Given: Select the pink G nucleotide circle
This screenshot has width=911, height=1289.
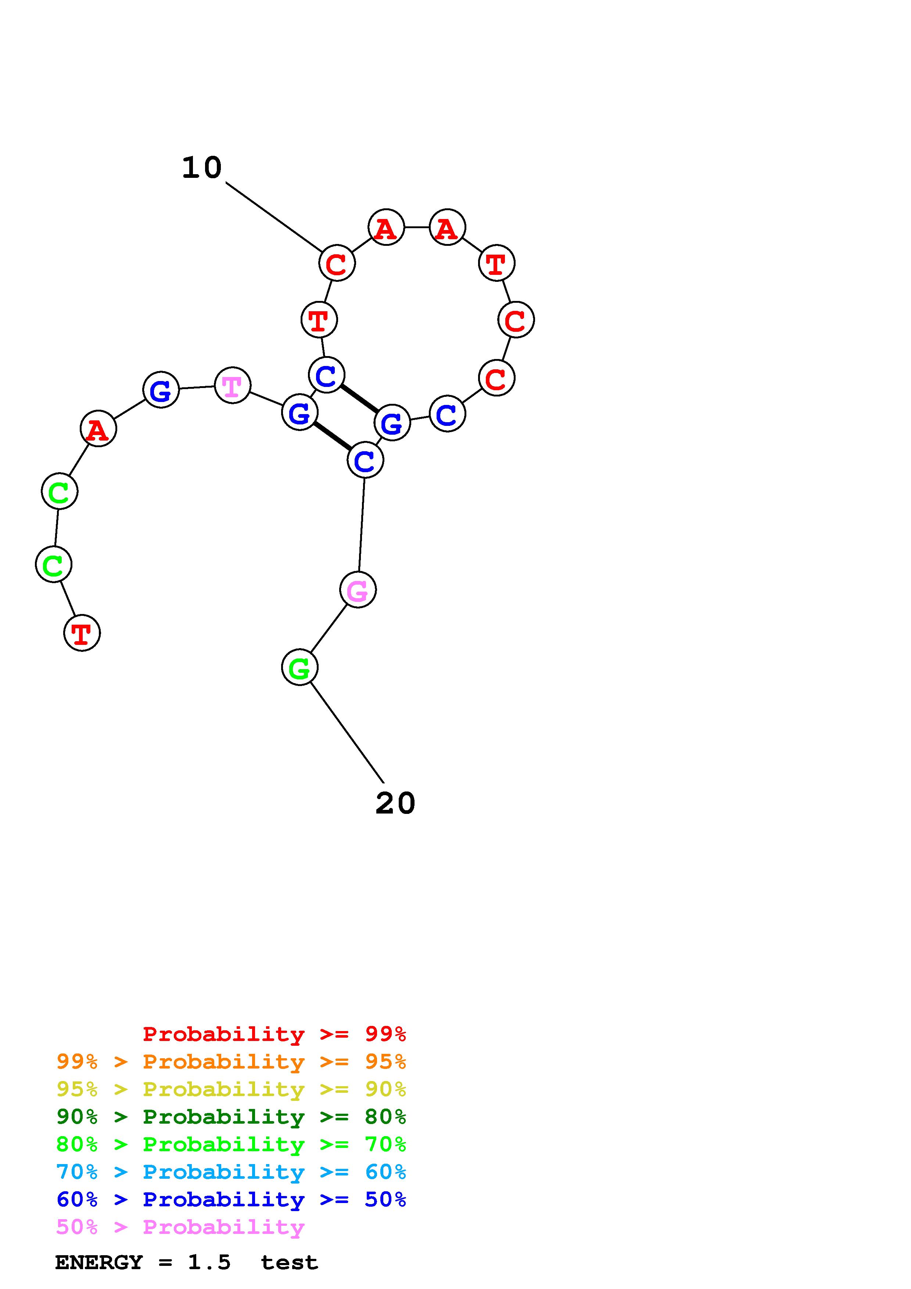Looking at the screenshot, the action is (358, 589).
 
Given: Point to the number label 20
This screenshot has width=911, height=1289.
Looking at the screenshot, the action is (395, 803).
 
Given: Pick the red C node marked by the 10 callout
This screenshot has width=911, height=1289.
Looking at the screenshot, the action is (337, 263).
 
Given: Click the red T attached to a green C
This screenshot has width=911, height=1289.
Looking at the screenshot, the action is (82, 633).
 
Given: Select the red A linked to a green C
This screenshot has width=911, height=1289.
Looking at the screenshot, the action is (98, 429).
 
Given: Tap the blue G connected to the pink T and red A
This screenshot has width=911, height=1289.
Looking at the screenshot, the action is (161, 389).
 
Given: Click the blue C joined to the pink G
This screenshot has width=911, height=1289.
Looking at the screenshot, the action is (365, 460).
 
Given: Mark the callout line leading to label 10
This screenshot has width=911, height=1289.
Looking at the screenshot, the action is (272, 216).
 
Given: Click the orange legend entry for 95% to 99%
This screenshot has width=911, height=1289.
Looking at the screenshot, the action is (231, 1062).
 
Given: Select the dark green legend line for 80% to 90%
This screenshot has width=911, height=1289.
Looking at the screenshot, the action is (231, 1117).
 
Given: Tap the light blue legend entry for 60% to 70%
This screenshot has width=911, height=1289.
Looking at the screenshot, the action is (231, 1172).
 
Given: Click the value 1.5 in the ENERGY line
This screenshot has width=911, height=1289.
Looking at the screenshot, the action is (209, 1263).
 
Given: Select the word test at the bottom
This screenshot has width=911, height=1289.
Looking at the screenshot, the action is (289, 1263).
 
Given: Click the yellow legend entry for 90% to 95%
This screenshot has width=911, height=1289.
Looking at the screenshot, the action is (231, 1089).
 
